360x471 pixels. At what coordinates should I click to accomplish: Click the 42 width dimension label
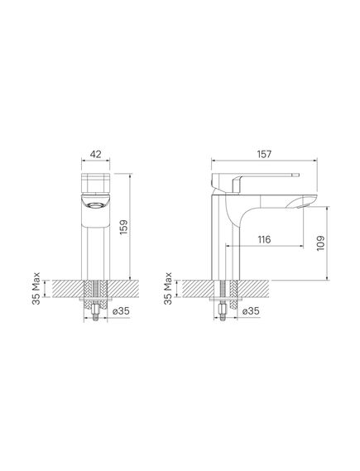95,154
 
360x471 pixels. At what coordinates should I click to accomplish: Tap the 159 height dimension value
123,227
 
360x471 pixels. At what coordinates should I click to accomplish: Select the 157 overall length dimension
264,154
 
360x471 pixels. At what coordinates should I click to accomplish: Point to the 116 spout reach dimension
264,239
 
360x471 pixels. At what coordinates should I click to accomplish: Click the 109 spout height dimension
320,243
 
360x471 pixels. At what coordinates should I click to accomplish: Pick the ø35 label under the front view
121,311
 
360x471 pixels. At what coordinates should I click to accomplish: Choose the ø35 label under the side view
251,311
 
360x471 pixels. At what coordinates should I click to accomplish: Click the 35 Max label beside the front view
36,288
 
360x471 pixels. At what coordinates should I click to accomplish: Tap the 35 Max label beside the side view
168,288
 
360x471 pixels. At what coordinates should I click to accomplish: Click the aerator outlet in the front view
95,206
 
